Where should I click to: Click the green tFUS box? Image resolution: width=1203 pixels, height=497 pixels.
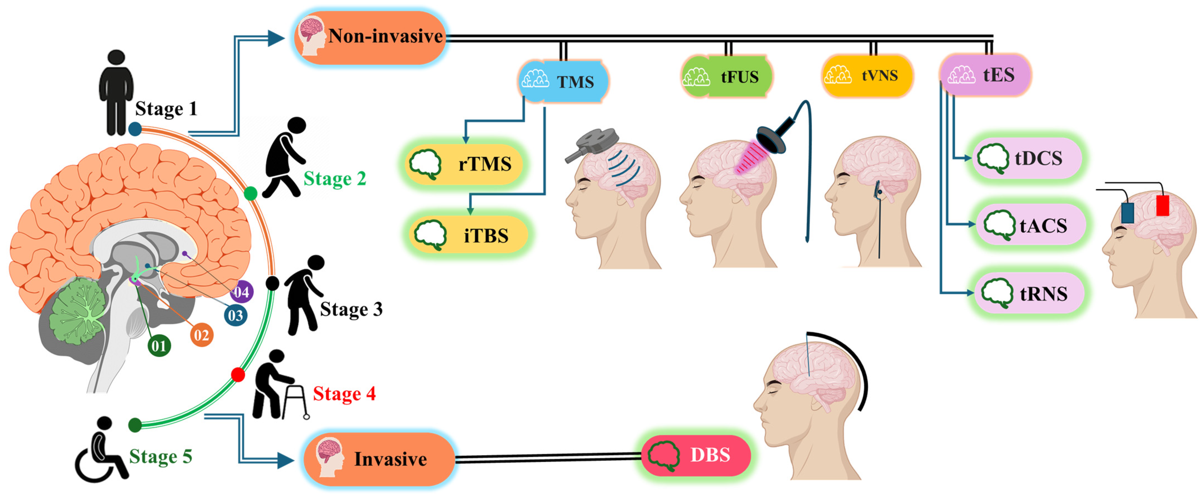(x=726, y=76)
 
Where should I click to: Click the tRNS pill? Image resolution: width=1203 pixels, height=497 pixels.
(x=1029, y=293)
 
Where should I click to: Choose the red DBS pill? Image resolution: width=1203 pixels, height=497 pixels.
(x=696, y=455)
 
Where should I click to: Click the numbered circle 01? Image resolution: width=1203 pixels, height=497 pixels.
(x=159, y=346)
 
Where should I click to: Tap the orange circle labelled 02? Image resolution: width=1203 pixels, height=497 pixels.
(x=202, y=335)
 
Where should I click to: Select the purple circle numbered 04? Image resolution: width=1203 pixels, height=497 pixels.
(x=242, y=292)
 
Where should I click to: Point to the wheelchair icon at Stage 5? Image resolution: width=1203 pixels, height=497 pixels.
(x=100, y=451)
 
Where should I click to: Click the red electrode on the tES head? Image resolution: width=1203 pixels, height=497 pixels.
(x=1162, y=205)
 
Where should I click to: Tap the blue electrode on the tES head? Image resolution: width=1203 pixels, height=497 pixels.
(x=1127, y=213)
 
